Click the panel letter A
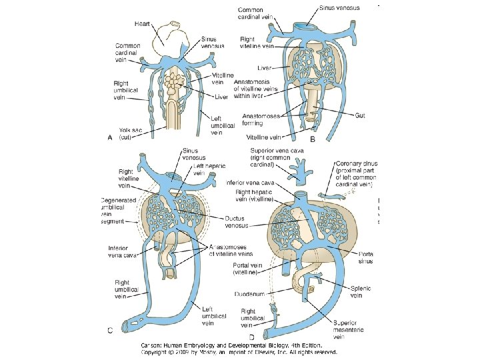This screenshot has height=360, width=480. point(110,137)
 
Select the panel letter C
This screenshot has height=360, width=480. point(110,329)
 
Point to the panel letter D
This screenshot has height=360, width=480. point(252,339)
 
